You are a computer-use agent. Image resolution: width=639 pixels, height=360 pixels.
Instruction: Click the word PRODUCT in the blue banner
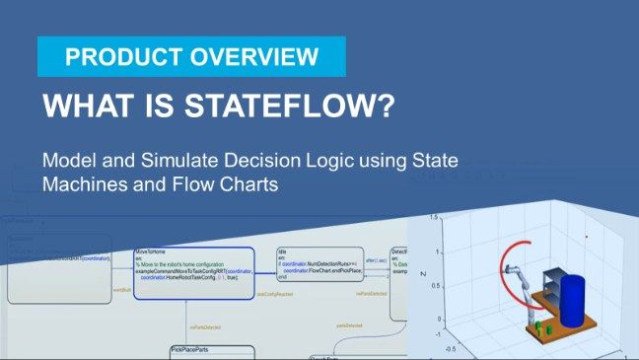click(109, 57)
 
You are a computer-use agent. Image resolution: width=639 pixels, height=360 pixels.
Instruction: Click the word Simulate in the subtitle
click(173, 160)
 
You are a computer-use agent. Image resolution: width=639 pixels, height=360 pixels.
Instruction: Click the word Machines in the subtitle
click(82, 182)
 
